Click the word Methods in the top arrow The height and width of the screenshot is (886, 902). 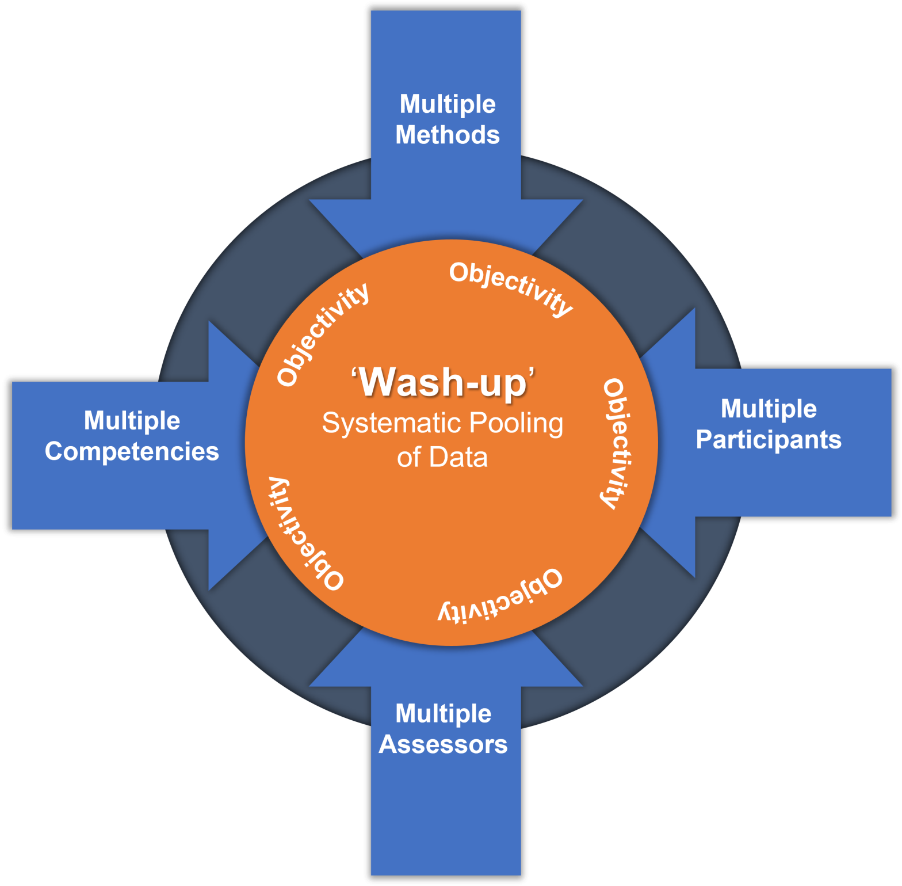(x=448, y=135)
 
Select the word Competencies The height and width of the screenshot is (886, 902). (x=132, y=451)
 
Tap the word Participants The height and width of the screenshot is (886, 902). (x=769, y=440)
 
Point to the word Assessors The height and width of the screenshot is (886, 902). (x=443, y=744)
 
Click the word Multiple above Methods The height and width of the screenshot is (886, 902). (x=448, y=104)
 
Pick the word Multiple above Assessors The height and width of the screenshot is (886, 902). (x=443, y=714)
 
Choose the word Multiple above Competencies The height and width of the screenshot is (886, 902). (x=132, y=421)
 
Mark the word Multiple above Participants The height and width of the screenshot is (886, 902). (x=769, y=409)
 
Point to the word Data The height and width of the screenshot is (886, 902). (x=458, y=458)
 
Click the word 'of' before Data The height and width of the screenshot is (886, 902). (x=409, y=458)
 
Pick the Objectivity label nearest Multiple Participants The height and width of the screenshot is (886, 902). (x=618, y=443)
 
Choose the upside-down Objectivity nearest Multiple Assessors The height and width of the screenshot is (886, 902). (x=500, y=597)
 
